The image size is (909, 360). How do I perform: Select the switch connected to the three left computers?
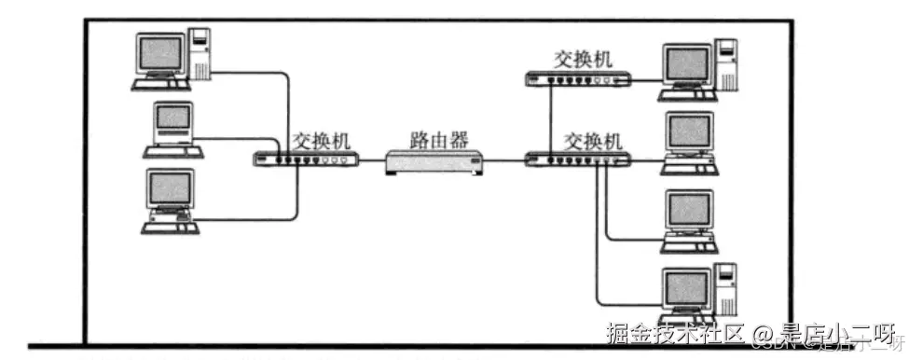(x=306, y=159)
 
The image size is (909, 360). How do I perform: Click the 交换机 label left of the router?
(x=322, y=141)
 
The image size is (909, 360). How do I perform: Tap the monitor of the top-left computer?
(x=160, y=54)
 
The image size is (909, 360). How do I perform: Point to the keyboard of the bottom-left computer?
(x=171, y=225)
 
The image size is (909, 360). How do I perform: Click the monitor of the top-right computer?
(x=687, y=63)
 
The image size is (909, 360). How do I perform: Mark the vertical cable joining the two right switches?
(x=551, y=118)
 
